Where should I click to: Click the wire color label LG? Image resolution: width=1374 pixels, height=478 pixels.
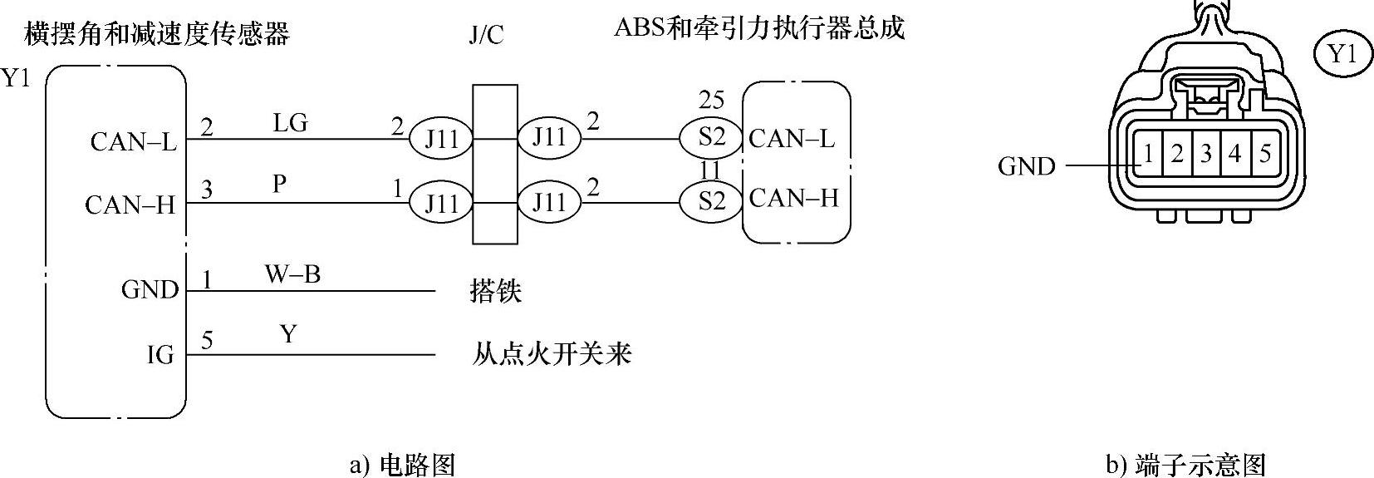290,123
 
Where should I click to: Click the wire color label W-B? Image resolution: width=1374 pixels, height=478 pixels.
292,274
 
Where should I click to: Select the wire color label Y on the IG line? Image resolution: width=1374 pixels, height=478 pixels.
287,334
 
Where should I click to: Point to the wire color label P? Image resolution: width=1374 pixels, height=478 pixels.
280,184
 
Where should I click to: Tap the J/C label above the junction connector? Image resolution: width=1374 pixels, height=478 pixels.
486,36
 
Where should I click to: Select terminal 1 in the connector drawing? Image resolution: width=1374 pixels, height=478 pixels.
1148,154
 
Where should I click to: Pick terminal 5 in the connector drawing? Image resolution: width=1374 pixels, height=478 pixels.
1264,154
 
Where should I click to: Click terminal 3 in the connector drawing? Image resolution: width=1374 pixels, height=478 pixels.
1206,154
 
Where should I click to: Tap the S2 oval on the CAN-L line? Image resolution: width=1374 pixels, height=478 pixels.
711,136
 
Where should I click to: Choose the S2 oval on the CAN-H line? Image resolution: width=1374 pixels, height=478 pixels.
711,201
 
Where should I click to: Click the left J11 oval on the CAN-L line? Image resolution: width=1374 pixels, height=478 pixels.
441,139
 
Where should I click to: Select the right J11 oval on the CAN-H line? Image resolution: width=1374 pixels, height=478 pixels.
549,202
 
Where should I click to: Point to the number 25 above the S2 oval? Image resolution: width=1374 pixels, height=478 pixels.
711,101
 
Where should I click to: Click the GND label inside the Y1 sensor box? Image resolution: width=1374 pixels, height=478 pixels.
150,290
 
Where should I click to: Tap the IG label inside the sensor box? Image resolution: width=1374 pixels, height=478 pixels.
160,356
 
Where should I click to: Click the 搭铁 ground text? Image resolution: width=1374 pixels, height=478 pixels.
496,292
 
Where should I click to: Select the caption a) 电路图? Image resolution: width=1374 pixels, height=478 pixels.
402,464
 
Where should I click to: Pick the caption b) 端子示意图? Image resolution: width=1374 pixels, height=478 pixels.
1185,464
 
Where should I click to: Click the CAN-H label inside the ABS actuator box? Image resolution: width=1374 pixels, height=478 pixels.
793,199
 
